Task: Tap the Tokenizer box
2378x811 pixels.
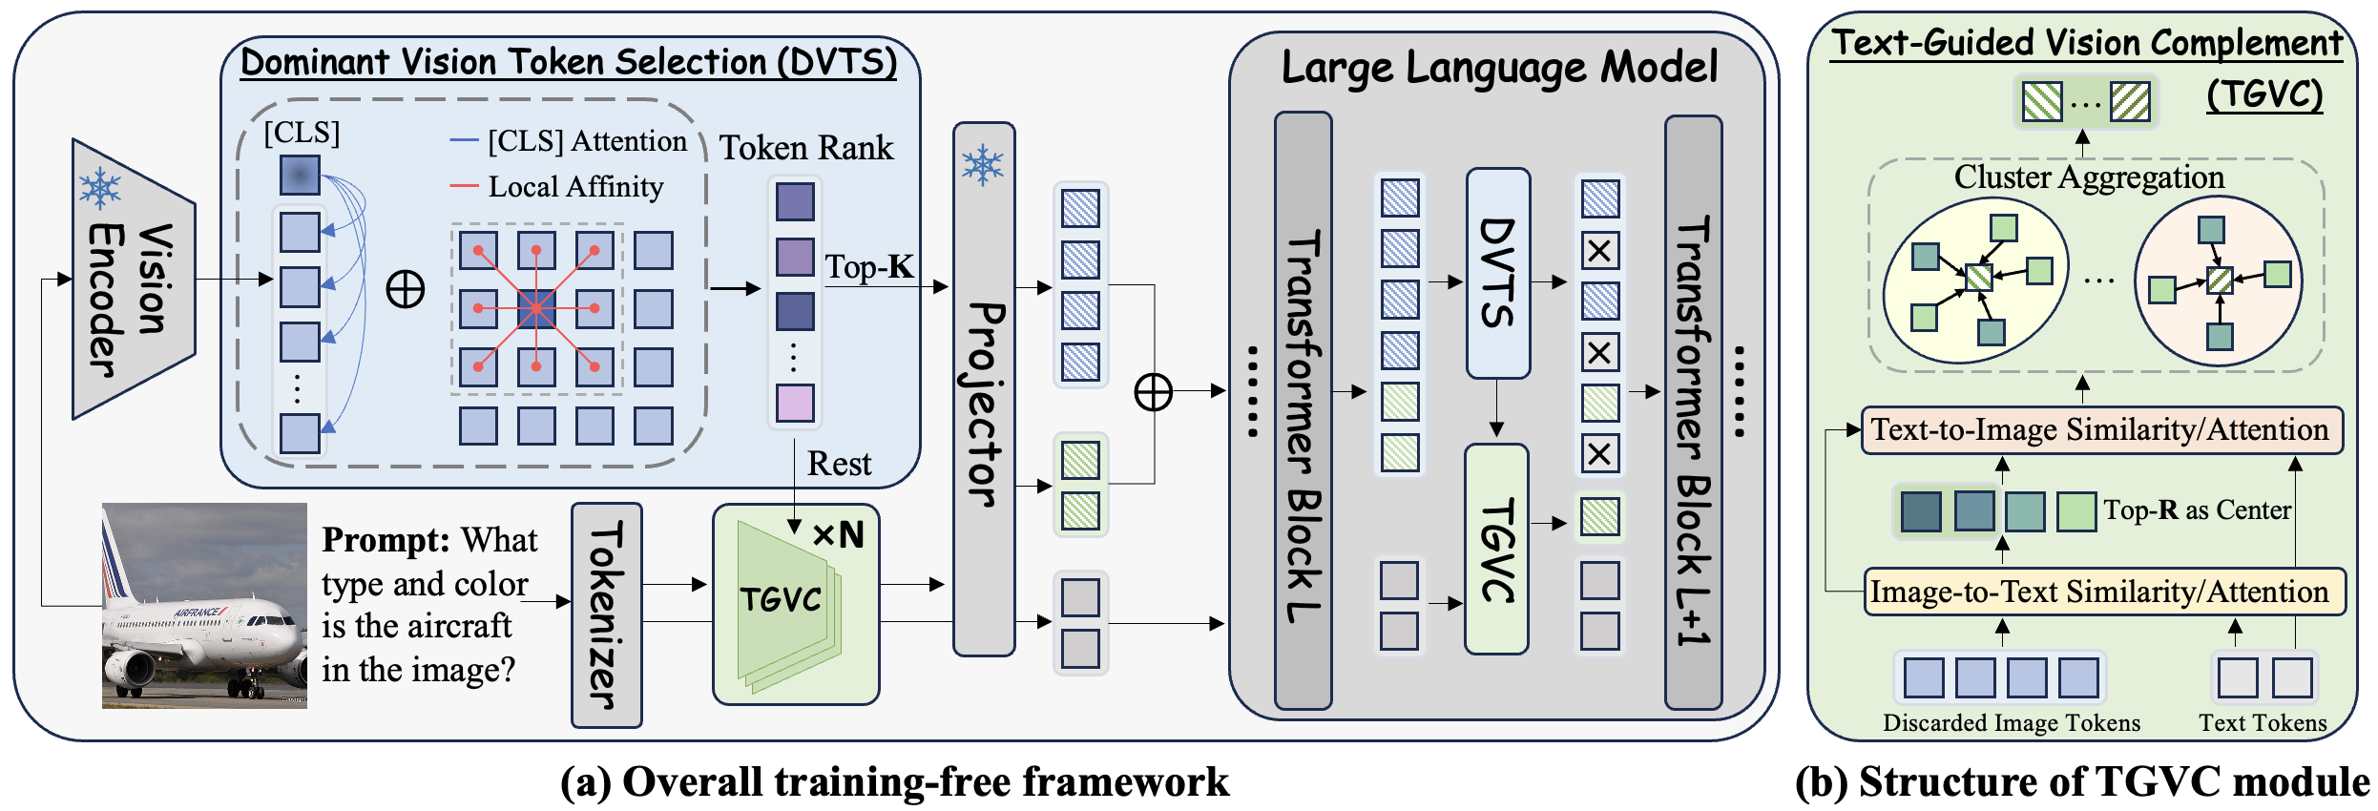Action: point(606,614)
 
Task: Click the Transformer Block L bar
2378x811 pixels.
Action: point(1303,410)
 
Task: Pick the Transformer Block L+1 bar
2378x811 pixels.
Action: point(1693,410)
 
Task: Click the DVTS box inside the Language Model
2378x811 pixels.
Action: point(1497,273)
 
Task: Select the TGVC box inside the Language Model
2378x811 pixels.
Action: point(1495,549)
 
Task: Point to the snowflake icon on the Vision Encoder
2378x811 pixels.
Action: point(100,188)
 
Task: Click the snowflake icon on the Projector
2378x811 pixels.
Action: point(983,165)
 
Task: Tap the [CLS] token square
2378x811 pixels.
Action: point(300,176)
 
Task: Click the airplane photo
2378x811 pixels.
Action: point(204,606)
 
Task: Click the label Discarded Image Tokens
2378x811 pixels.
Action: point(2011,723)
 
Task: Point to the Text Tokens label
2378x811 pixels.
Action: point(2263,723)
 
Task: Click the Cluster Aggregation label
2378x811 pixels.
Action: point(2089,177)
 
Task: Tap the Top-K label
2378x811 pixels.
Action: point(868,267)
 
